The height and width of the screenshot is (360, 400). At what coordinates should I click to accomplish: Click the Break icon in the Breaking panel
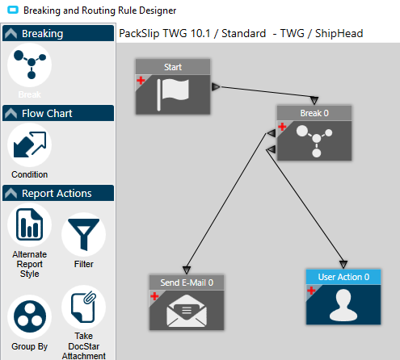30,65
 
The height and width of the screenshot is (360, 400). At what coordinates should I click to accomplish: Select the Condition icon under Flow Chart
30,144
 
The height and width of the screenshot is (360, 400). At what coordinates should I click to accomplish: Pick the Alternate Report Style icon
30,224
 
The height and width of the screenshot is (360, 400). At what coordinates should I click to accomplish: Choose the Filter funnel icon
84,234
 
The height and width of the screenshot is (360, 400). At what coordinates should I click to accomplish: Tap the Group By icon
30,316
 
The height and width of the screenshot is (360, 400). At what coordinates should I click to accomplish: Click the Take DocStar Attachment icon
84,307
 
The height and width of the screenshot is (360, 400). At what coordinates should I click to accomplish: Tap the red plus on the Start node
141,80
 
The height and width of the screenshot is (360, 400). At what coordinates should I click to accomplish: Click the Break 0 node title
314,113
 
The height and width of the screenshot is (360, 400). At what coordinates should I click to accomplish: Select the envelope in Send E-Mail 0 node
187,311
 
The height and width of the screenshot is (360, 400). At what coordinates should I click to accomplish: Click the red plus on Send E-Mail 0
154,296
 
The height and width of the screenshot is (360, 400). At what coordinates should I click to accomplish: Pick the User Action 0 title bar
343,277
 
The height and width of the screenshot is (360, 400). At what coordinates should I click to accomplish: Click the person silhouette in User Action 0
343,305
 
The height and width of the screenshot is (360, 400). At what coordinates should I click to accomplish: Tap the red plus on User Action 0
311,291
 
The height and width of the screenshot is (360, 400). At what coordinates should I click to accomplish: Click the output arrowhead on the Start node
216,86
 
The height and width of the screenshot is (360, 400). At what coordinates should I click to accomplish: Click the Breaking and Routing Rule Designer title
99,10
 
